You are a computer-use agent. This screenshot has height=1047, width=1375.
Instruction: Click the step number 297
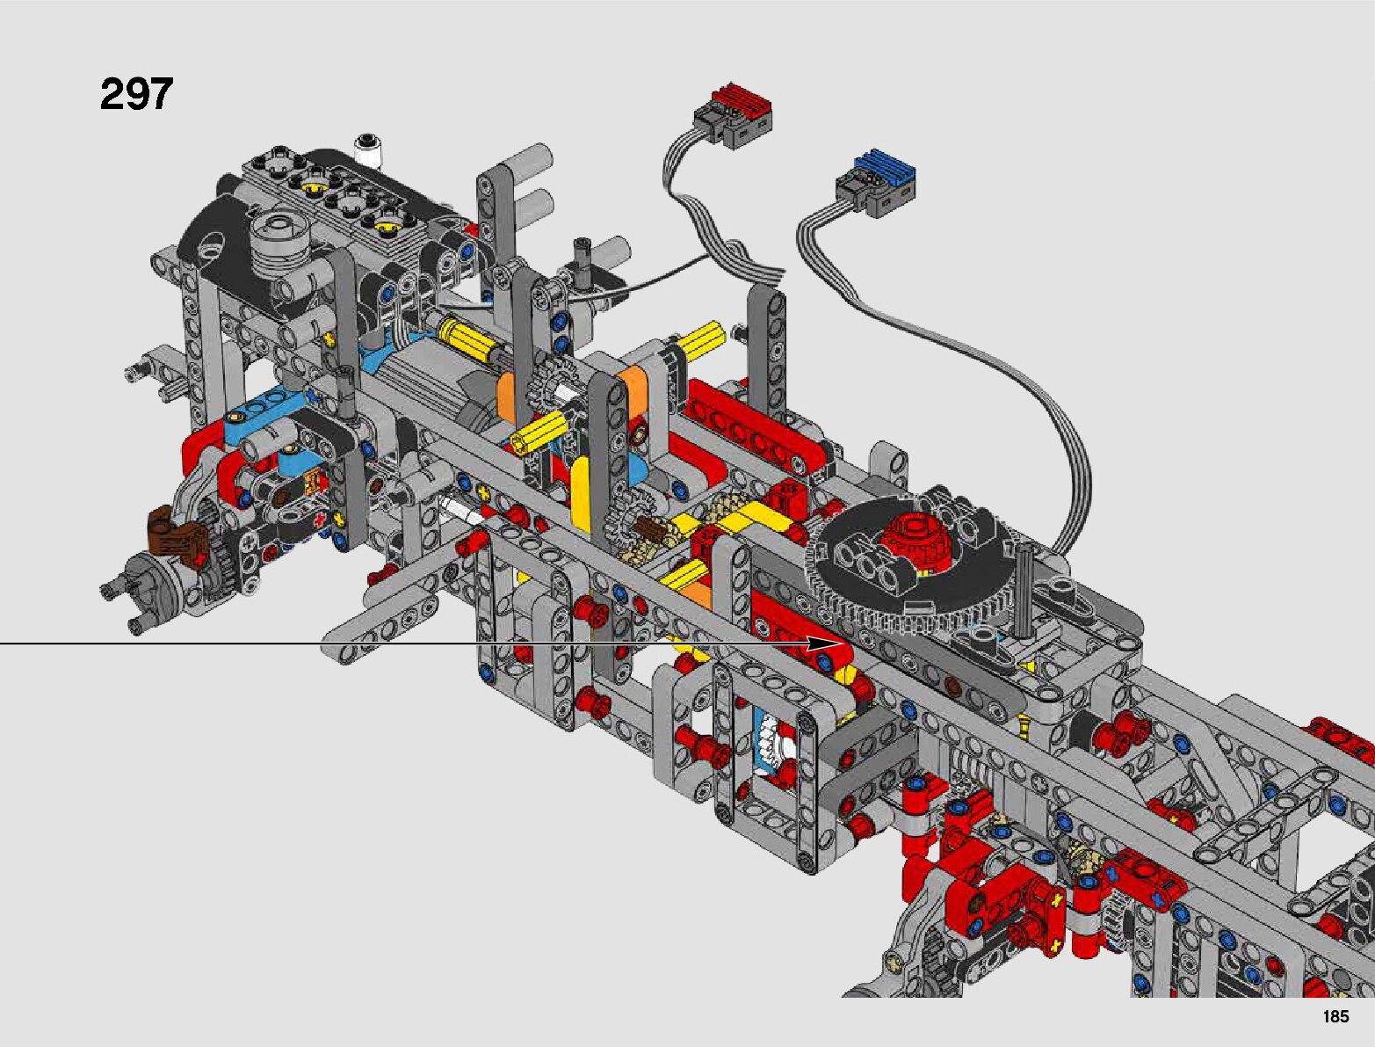tap(136, 94)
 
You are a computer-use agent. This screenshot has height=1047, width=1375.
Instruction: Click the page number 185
tap(1335, 1016)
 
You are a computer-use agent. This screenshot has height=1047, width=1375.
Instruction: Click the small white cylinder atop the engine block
tap(368, 150)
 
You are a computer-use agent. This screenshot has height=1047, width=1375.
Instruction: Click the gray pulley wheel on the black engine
tap(279, 241)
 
